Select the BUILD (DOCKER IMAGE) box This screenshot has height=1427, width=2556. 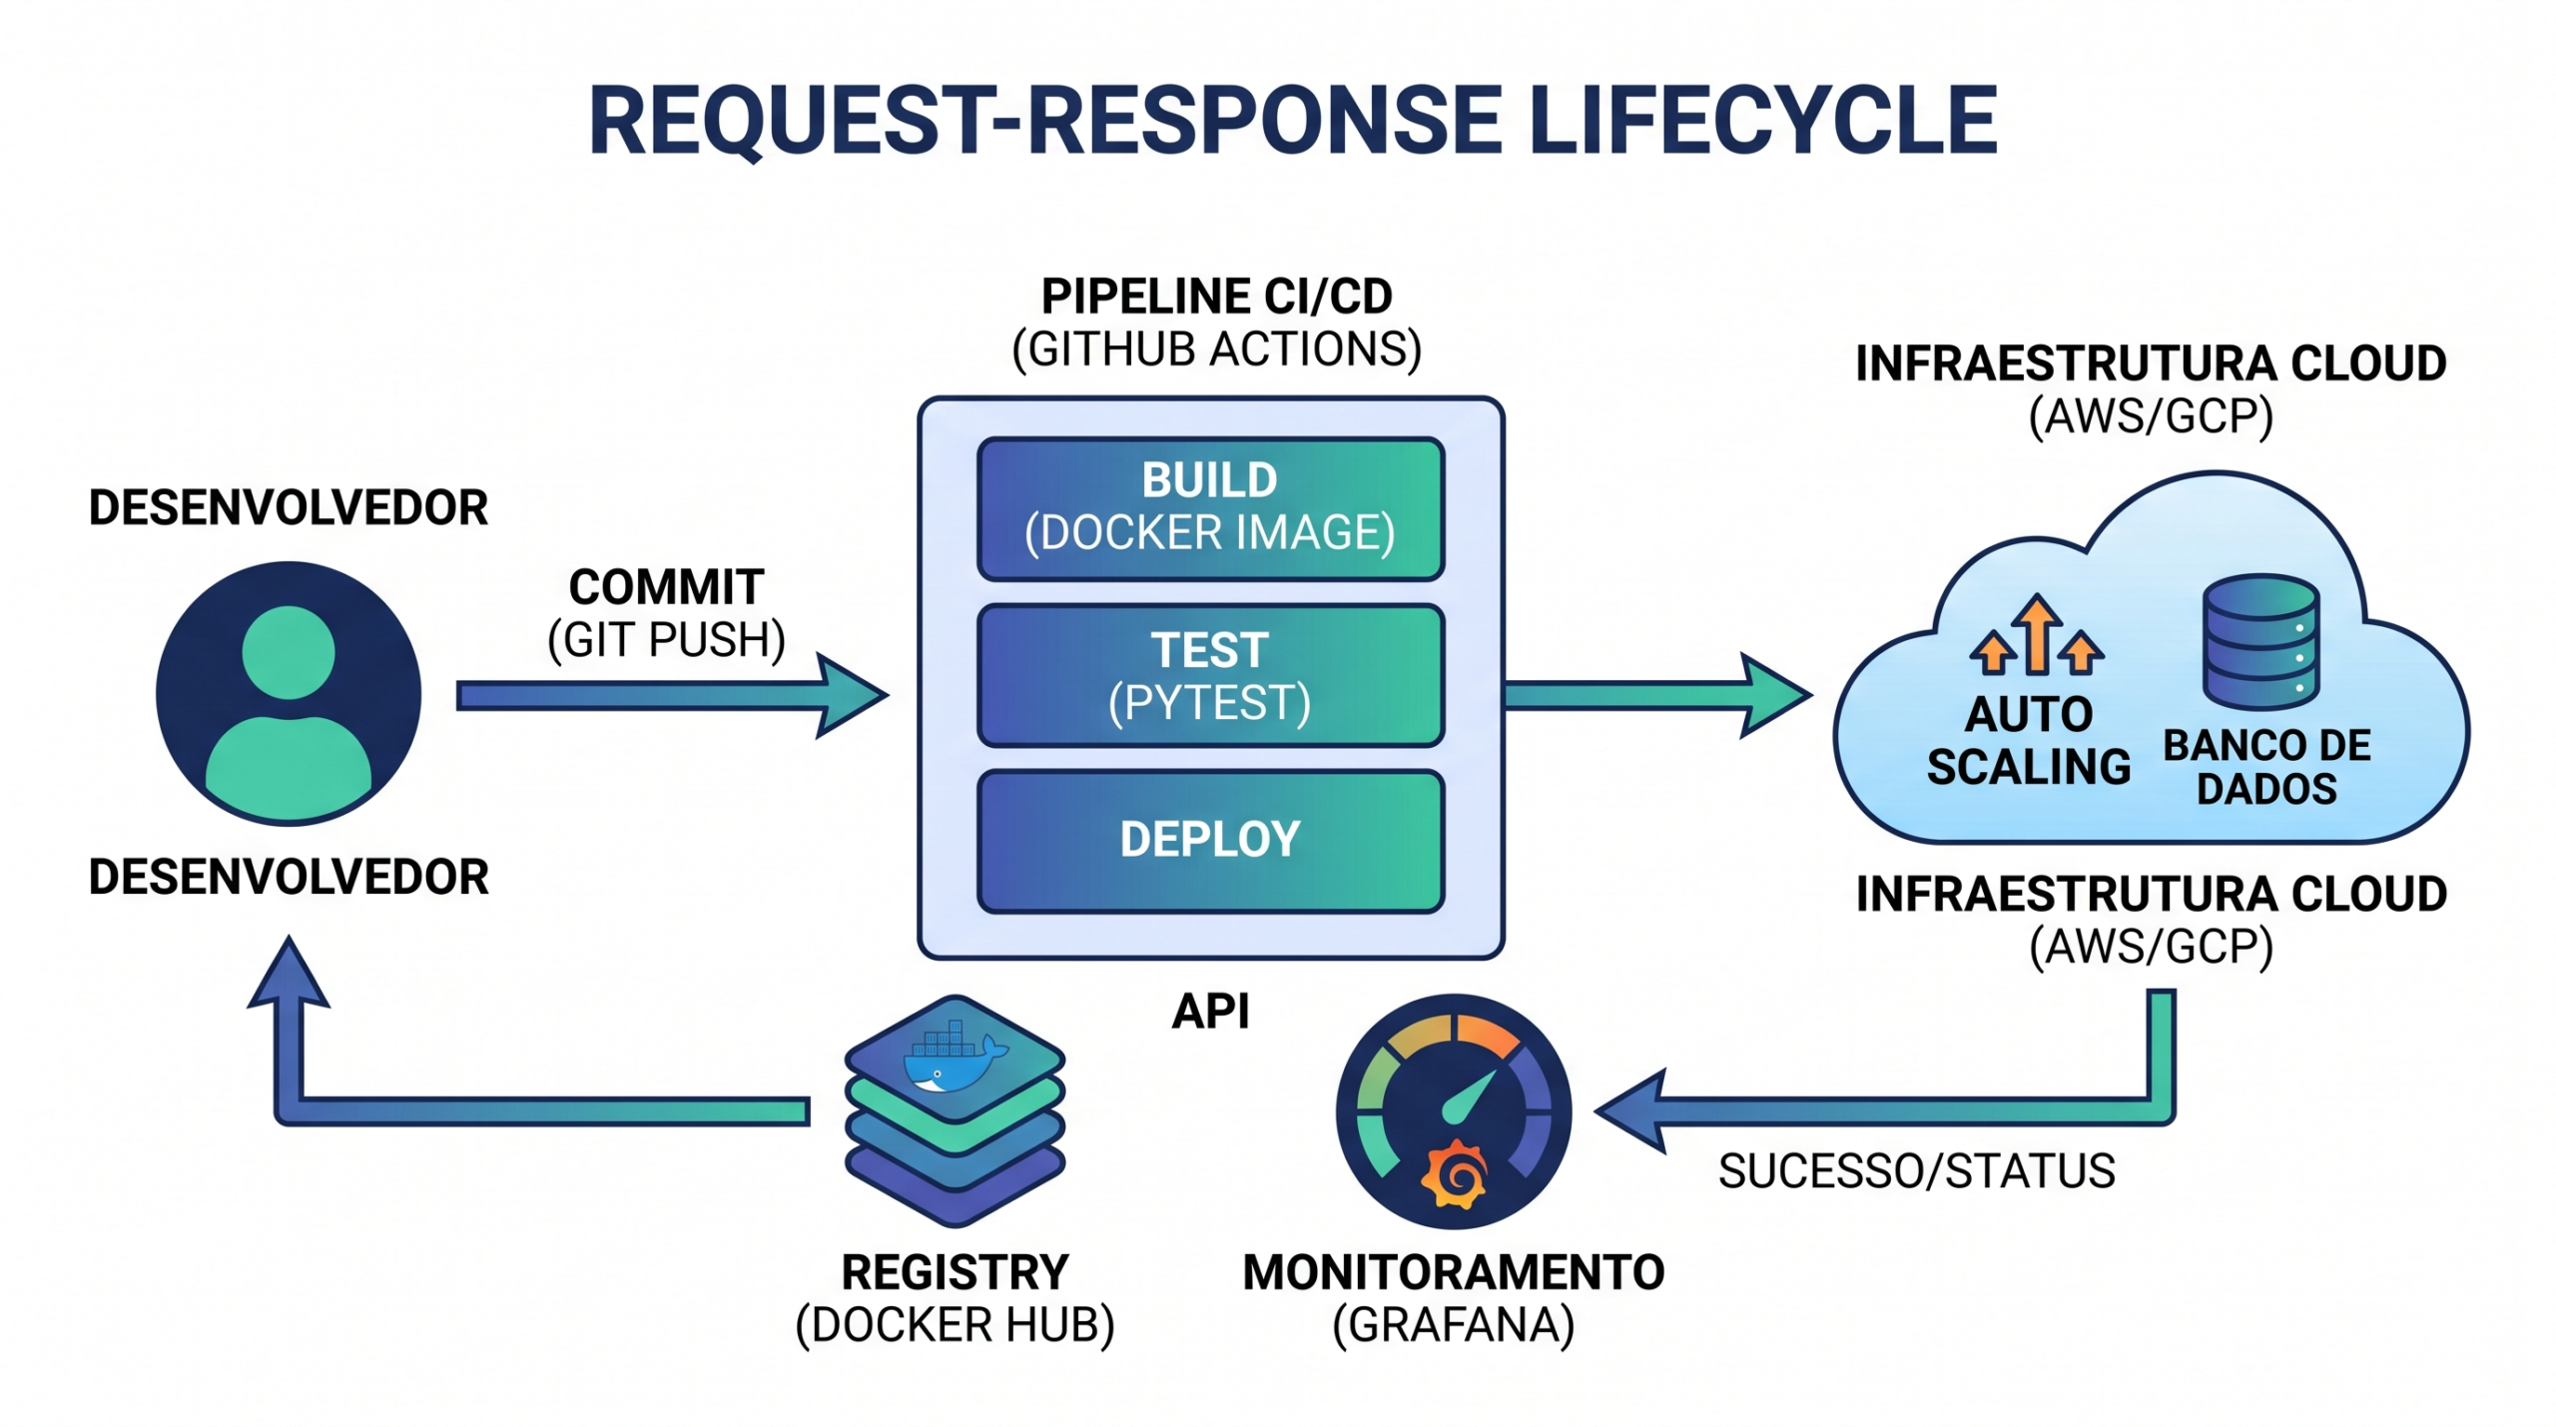coord(1210,508)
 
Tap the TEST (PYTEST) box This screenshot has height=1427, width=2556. coord(1210,675)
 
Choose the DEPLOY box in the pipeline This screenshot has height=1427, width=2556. coord(1210,840)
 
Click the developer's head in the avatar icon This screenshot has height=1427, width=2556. coord(289,652)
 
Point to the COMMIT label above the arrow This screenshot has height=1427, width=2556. coord(666,587)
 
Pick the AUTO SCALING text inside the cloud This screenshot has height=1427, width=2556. coord(2028,741)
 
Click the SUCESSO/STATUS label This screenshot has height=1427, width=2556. coord(1916,1171)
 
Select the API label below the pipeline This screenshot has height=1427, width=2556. coord(1210,1012)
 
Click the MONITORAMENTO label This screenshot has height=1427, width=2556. coord(1454,1272)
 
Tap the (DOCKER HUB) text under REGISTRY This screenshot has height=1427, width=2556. coord(955,1325)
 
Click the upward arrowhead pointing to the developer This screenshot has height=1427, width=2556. coord(289,974)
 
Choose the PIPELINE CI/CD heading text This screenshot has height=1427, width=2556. coord(1216,297)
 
